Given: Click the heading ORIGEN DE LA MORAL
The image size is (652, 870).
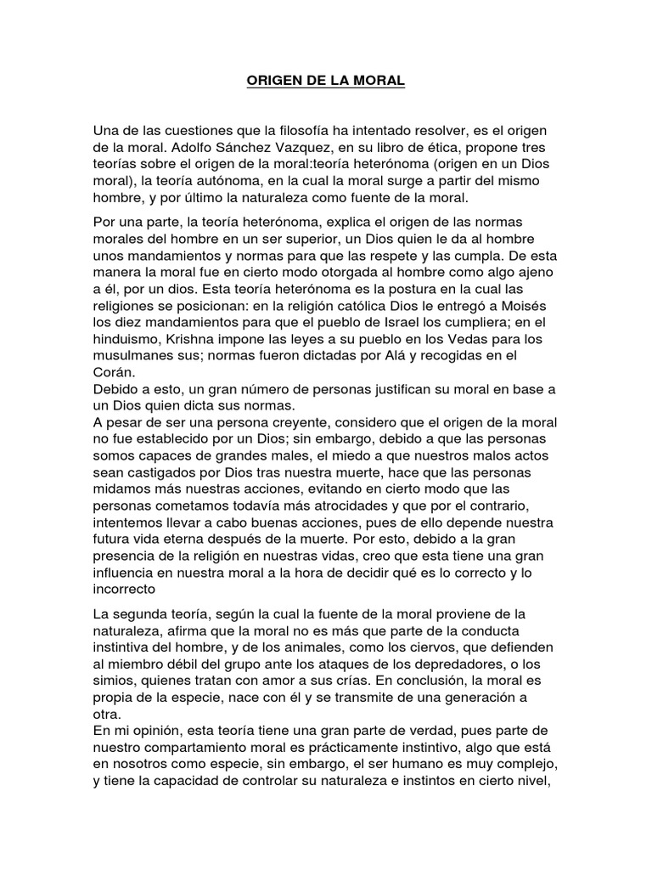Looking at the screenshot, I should point(326,82).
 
